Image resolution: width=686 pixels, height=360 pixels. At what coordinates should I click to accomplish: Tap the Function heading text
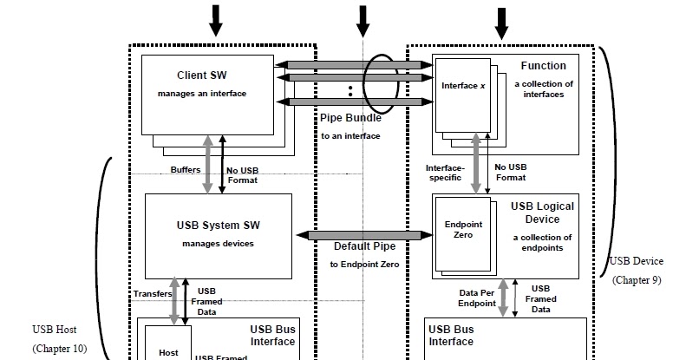click(x=543, y=66)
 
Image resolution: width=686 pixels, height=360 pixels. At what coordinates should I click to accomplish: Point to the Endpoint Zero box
click(x=457, y=229)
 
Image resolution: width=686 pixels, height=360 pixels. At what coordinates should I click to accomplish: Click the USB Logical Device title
click(x=542, y=213)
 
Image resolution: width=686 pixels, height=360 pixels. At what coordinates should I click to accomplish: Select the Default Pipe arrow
click(x=364, y=235)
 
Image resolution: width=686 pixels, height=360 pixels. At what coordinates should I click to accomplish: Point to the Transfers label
click(x=152, y=293)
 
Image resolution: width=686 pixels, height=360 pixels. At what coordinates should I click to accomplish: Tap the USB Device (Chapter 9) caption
click(x=637, y=270)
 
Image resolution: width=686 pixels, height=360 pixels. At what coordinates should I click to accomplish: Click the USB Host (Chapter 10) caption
click(x=60, y=339)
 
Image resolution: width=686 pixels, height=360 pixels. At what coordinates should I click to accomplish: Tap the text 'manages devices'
click(x=218, y=244)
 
